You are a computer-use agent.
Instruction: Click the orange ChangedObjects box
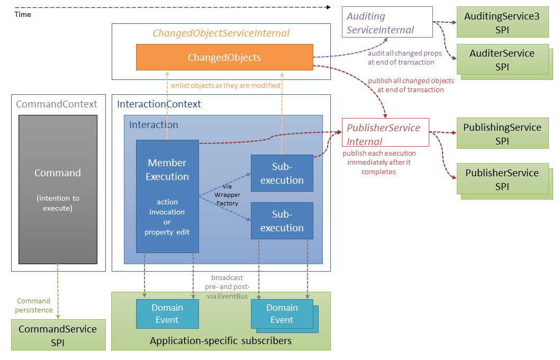click(224, 57)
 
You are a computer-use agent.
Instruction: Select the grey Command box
click(58, 189)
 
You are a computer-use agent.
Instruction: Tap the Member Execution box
click(167, 196)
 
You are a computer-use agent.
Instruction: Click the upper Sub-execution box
click(282, 173)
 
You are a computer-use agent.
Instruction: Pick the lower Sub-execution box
click(282, 221)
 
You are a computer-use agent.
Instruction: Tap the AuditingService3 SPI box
click(502, 23)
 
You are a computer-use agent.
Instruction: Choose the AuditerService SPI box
click(502, 60)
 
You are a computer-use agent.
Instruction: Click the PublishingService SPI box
click(502, 133)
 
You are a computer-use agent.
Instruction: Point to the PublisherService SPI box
click(502, 179)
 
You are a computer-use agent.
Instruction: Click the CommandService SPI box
click(58, 335)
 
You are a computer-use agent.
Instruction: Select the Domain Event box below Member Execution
click(167, 313)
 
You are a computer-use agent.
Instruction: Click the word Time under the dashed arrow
click(23, 15)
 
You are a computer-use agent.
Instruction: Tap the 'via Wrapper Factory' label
click(227, 195)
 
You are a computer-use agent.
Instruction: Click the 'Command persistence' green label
click(34, 305)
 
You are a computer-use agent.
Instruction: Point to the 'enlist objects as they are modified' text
click(225, 85)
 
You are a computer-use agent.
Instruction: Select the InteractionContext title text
click(159, 104)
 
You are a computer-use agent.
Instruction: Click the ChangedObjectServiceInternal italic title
click(221, 33)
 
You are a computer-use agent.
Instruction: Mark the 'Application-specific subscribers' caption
click(220, 341)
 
